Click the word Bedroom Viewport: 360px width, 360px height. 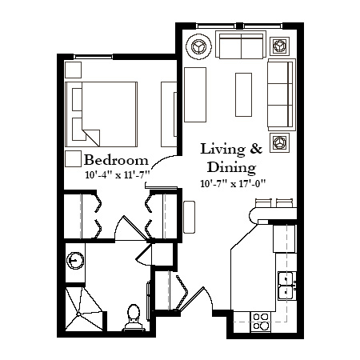point(116,160)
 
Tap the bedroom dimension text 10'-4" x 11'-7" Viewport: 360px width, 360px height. point(118,175)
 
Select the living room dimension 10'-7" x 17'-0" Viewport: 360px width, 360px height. point(234,183)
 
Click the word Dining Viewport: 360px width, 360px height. point(232,168)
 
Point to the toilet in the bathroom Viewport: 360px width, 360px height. point(134,318)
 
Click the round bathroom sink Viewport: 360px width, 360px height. point(75,260)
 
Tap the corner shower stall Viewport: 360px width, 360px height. point(84,309)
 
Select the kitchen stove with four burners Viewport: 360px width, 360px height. point(261,322)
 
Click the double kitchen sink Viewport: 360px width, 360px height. point(286,286)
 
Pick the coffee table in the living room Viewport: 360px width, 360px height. point(243,94)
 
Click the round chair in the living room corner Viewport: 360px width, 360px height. point(199,46)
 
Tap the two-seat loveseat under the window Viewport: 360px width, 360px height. point(241,45)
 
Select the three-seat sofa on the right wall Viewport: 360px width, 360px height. point(282,94)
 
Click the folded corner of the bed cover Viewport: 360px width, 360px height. point(91,138)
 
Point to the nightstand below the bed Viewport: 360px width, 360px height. point(73,158)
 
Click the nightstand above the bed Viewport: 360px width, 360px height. point(73,70)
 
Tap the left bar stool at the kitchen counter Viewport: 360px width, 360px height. point(263,203)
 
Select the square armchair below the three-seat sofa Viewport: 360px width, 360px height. point(279,142)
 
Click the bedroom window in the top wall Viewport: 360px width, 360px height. point(94,57)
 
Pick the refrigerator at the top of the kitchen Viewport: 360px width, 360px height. point(284,238)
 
